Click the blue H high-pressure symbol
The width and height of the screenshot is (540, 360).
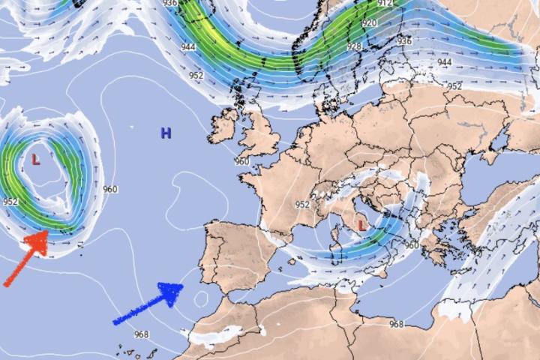(166, 133)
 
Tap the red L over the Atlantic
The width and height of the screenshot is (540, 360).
(35, 159)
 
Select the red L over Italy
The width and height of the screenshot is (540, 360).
(362, 224)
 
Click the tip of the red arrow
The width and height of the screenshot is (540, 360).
(47, 234)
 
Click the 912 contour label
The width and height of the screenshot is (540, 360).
(385, 4)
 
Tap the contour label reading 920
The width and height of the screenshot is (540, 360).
(369, 23)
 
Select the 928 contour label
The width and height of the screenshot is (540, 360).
(354, 46)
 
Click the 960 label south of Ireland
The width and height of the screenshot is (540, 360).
(241, 161)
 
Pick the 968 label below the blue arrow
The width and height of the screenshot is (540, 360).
(140, 334)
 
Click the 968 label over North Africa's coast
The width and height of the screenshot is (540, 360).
(396, 324)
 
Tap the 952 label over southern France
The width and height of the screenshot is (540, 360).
(302, 204)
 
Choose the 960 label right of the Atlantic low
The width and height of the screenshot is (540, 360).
(110, 189)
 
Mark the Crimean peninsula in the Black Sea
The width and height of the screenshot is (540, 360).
(493, 161)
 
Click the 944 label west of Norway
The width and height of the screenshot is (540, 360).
(187, 46)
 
